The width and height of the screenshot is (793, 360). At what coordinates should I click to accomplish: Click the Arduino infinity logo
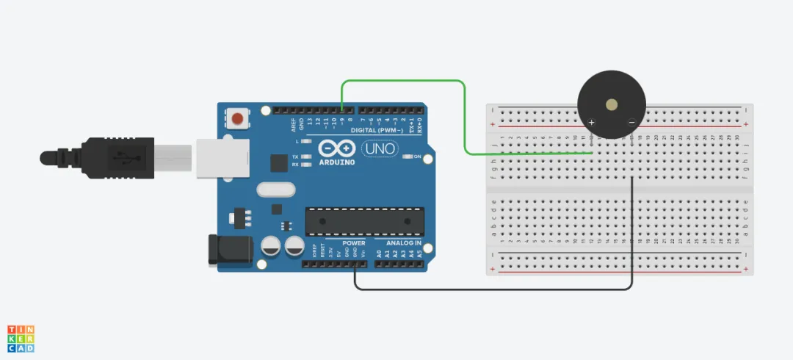point(337,148)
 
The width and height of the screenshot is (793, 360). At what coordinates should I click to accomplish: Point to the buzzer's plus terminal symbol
point(592,122)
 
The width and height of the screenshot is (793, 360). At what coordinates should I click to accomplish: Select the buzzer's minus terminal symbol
point(631,122)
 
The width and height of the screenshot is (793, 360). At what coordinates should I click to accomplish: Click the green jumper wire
point(465,118)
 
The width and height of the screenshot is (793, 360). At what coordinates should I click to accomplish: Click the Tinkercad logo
point(21,338)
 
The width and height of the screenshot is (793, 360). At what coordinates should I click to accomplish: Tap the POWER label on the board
point(353,243)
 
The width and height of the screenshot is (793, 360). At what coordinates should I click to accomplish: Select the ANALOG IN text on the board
point(404,243)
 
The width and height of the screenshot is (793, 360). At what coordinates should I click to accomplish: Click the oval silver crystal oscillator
point(276,190)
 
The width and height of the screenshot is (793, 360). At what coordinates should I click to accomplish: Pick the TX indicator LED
point(305,156)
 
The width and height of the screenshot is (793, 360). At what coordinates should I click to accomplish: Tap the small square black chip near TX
point(279,163)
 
